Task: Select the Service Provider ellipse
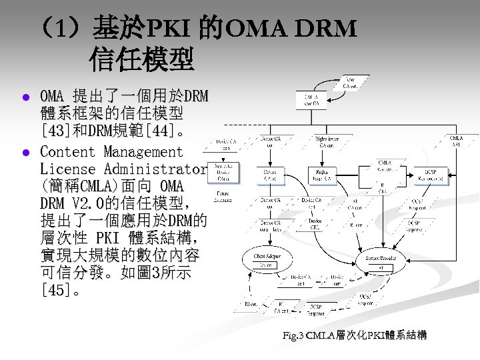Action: click(381, 261)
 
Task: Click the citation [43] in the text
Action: click(53, 127)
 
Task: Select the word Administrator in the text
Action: click(153, 169)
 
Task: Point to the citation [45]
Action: click(53, 290)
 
